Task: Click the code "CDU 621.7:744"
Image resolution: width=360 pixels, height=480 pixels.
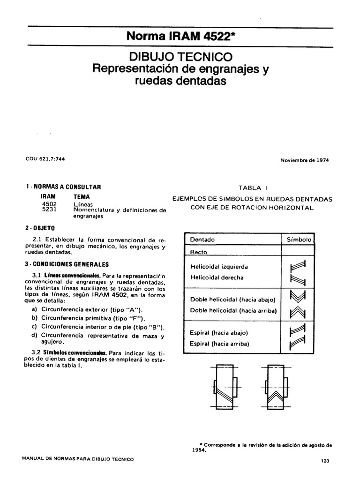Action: (45, 159)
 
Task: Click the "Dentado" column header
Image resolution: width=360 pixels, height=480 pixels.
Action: (202, 240)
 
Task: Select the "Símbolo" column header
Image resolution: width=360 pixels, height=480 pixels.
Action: (299, 240)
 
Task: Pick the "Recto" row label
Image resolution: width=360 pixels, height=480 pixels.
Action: (199, 252)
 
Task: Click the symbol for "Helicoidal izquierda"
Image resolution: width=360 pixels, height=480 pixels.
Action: (298, 266)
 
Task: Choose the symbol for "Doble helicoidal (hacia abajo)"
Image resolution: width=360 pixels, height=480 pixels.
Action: (298, 296)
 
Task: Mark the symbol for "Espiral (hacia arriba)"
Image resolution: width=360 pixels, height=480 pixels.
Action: (298, 345)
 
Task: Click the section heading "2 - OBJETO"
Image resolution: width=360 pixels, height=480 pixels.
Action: (41, 228)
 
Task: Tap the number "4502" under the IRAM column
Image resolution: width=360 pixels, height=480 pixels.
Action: (49, 204)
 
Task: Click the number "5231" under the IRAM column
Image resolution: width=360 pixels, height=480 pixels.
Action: (49, 210)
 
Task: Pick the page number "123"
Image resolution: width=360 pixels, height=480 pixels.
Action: (325, 461)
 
